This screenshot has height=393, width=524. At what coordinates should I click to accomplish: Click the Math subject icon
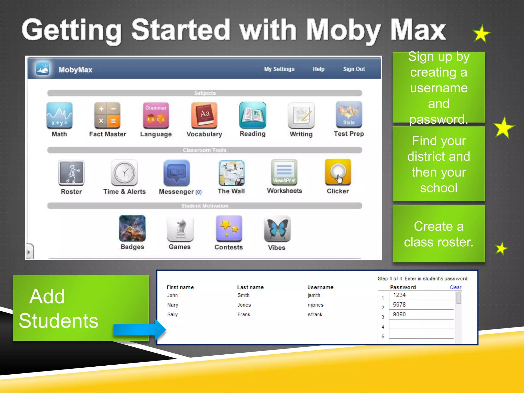point(59,115)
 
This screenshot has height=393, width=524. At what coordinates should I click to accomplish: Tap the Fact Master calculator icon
point(107,115)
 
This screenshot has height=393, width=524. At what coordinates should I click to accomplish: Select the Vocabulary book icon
point(204,115)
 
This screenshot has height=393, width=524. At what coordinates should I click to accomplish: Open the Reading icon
point(253,115)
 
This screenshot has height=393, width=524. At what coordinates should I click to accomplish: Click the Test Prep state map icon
point(349,115)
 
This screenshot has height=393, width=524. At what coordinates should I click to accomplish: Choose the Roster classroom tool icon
point(71,172)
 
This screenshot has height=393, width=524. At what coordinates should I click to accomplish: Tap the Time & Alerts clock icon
point(124,172)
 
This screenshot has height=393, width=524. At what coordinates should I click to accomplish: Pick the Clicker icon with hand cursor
point(338,172)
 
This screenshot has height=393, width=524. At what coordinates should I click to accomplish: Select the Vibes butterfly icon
point(277,229)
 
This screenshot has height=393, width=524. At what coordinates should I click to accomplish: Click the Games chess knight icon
point(180,229)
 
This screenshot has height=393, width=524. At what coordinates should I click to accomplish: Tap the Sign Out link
point(354,69)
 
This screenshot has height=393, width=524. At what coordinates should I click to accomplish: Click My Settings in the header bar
point(279,69)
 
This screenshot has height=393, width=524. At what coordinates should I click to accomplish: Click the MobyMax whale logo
point(43,69)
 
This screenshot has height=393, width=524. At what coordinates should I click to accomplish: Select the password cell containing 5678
point(421,305)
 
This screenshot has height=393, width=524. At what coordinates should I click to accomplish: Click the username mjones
point(315,305)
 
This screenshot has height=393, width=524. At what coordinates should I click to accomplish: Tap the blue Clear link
point(455,287)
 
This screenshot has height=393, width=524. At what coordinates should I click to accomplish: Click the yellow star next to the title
point(481,34)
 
